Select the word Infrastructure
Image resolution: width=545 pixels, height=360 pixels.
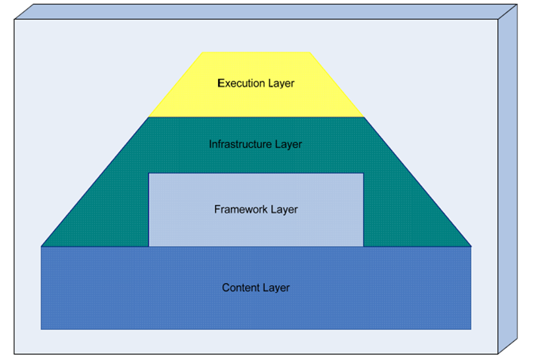tap(239, 143)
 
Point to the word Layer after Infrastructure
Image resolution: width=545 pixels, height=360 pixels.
tap(288, 143)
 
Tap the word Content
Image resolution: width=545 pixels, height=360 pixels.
tap(240, 288)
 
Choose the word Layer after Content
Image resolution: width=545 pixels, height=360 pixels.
tap(276, 288)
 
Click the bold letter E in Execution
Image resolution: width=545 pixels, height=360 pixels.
tap(220, 83)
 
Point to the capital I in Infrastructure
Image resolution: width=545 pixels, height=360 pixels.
tap(211, 143)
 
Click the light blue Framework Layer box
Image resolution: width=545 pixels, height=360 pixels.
tap(256, 226)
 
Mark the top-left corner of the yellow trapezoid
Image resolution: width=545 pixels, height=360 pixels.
tap(204, 52)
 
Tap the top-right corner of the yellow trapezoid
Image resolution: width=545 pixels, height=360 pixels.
tap(309, 52)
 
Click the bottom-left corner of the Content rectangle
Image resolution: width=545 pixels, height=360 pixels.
tap(42, 329)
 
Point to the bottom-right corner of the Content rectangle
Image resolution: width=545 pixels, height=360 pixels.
tap(471, 329)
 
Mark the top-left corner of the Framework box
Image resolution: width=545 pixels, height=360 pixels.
tap(149, 174)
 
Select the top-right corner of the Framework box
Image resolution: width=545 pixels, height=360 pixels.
tap(363, 174)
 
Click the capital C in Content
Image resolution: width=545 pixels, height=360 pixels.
tap(226, 288)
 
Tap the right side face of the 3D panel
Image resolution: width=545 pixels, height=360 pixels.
tap(507, 181)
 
